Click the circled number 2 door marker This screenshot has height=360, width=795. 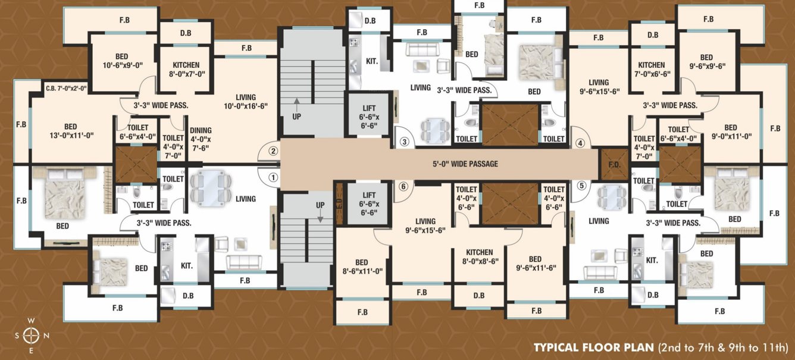click(x=273, y=151)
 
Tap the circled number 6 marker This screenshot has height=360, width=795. click(x=403, y=186)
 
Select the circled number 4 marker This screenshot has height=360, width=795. click(x=581, y=143)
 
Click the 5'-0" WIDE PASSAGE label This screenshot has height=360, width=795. click(x=465, y=164)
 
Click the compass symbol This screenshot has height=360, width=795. click(x=31, y=336)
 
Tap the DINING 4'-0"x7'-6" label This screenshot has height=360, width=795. click(x=201, y=139)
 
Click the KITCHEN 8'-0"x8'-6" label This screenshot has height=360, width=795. click(x=480, y=256)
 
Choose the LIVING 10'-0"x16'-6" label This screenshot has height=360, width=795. click(x=246, y=102)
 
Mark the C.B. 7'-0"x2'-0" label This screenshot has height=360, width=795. click(x=66, y=89)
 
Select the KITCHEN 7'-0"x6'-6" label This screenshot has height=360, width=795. click(x=652, y=70)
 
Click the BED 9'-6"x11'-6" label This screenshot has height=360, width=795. click(x=536, y=263)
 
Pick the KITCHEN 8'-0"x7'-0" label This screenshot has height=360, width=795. click(x=186, y=70)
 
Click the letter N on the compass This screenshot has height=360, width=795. click(x=46, y=336)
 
